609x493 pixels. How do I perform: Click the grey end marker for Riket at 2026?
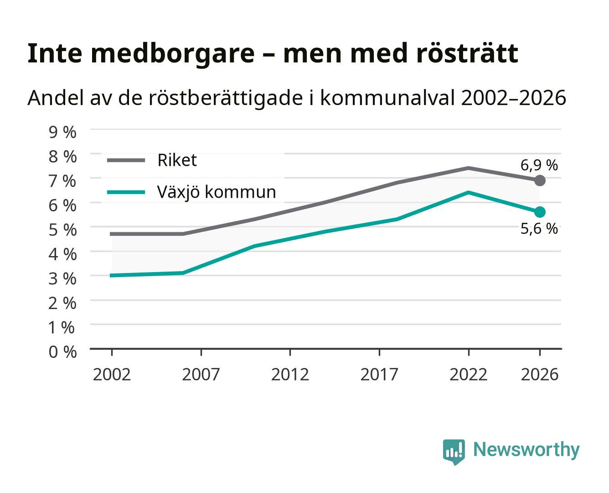coord(540,181)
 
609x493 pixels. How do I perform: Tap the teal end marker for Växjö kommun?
coord(540,212)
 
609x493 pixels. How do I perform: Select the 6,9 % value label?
coord(539,166)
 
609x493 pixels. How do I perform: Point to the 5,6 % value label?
coord(539,229)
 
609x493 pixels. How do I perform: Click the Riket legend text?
coord(177,160)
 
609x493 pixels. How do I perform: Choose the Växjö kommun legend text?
coord(217,192)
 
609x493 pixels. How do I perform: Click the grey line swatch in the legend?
coord(126,160)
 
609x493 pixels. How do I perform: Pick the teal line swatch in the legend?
coord(126,192)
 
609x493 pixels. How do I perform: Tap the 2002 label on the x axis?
coord(112,374)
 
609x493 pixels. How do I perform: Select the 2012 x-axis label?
coord(290,374)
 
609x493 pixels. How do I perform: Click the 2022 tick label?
coord(468,374)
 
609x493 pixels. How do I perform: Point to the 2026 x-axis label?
coord(540,374)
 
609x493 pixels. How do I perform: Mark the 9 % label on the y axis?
coord(62,132)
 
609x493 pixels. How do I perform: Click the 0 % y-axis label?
coord(62,352)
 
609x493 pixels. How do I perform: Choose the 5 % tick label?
coord(62,230)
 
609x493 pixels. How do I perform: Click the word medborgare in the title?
coord(172,54)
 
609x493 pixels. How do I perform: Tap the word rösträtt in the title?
coord(467,53)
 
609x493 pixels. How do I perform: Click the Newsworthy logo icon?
coord(454,452)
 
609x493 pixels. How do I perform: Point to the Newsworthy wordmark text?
coord(526,450)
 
